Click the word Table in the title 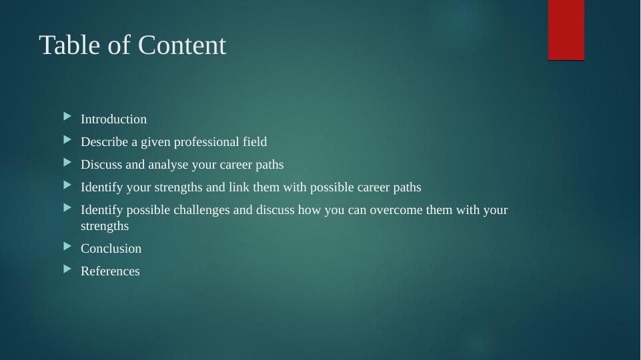click(69, 45)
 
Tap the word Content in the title click(182, 45)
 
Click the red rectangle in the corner click(566, 30)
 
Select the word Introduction click(113, 119)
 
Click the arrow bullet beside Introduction click(67, 117)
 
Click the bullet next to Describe click(67, 140)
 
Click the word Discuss click(101, 164)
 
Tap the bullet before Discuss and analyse click(67, 163)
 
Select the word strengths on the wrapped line click(105, 226)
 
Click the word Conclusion click(111, 249)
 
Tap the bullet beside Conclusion click(67, 247)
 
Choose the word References click(110, 271)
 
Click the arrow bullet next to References click(67, 269)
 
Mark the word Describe click(105, 141)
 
